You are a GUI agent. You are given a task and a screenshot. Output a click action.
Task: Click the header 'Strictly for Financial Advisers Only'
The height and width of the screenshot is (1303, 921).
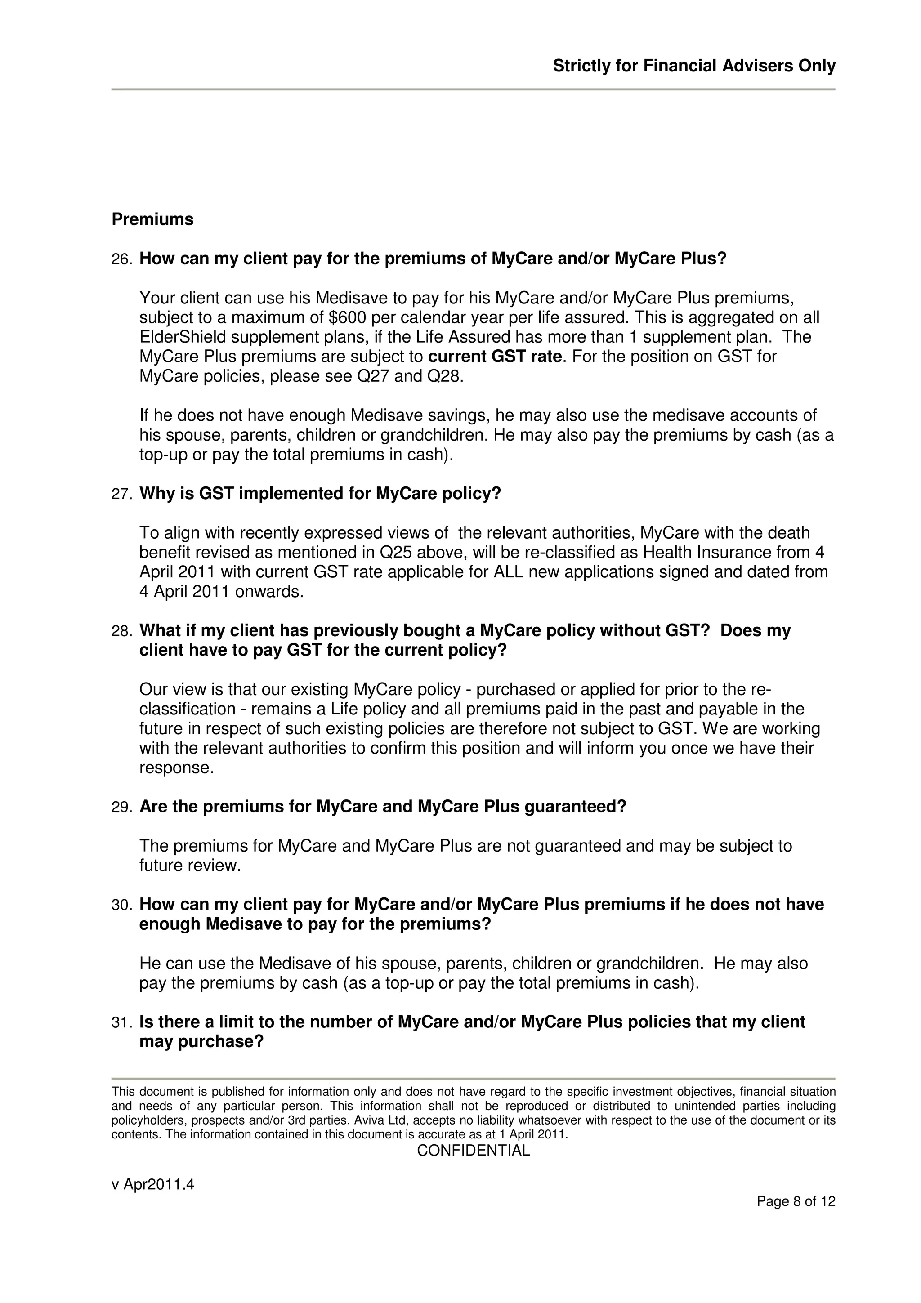click(x=693, y=67)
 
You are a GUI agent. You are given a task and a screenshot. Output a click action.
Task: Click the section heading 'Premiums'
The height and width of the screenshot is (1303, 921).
click(x=152, y=219)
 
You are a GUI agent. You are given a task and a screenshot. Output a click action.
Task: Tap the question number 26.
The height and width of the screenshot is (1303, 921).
click(x=121, y=259)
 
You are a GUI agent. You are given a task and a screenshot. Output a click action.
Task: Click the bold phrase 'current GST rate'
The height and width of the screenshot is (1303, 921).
click(x=494, y=357)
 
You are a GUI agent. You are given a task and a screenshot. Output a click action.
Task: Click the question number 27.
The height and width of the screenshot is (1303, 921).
click(x=121, y=494)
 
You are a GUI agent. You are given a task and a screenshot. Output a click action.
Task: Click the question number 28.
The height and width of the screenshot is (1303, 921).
click(x=121, y=631)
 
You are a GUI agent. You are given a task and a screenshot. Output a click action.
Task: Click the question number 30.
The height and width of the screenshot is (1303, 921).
click(x=121, y=905)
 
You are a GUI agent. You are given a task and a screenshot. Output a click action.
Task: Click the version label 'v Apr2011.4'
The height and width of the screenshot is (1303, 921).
click(x=152, y=1184)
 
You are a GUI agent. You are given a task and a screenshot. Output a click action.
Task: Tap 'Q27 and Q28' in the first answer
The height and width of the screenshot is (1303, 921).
click(x=409, y=376)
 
